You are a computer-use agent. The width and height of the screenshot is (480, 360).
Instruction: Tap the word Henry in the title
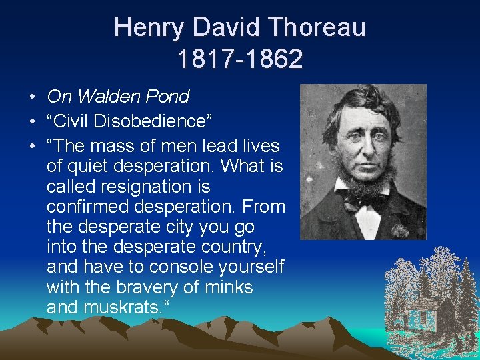click(x=147, y=27)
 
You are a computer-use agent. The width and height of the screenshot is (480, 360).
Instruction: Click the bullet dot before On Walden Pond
click(x=32, y=97)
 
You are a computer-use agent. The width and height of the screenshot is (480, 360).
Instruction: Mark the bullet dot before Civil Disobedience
click(x=32, y=122)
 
